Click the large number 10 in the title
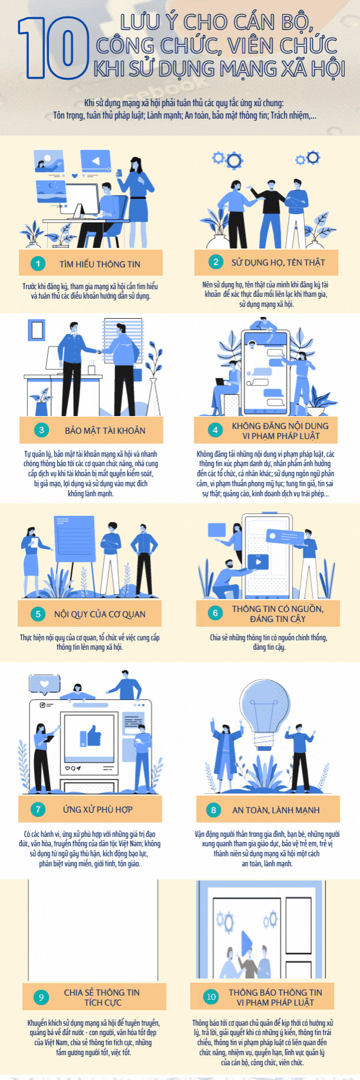click(53, 48)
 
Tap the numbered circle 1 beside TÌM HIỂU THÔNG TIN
click(38, 264)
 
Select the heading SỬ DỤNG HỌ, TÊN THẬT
click(278, 262)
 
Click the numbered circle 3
click(41, 430)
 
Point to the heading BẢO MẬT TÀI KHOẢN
click(105, 430)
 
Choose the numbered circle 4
click(215, 430)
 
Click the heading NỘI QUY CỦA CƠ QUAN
click(100, 614)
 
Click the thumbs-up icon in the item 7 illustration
click(90, 736)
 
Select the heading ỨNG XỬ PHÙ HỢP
click(98, 809)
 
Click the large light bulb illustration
click(269, 714)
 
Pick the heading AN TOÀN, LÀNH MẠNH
click(276, 810)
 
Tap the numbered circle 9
click(41, 997)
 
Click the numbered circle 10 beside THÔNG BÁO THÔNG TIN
click(211, 997)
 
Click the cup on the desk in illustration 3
click(91, 369)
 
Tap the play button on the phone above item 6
click(258, 562)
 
